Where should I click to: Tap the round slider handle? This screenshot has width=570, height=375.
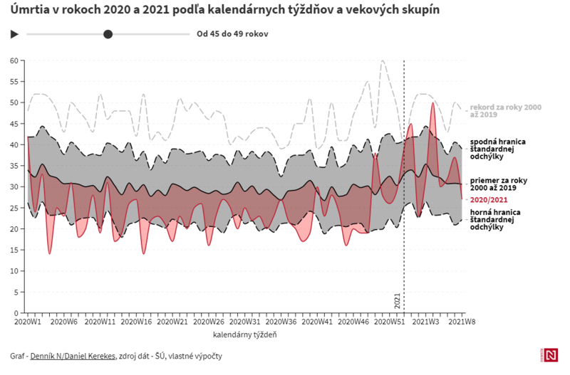tap(108, 33)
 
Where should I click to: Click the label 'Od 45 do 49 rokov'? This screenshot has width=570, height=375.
tap(232, 33)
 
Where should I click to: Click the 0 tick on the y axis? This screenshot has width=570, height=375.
tap(15, 312)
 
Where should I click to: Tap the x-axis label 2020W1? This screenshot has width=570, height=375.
tap(28, 322)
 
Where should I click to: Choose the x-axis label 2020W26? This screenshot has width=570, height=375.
tap(209, 322)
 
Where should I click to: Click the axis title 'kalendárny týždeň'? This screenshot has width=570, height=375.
tap(244, 334)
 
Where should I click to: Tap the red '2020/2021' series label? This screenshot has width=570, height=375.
tap(488, 200)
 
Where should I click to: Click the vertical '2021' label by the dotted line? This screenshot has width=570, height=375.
tap(398, 301)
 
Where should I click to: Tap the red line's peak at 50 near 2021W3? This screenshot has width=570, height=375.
tap(432, 103)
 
